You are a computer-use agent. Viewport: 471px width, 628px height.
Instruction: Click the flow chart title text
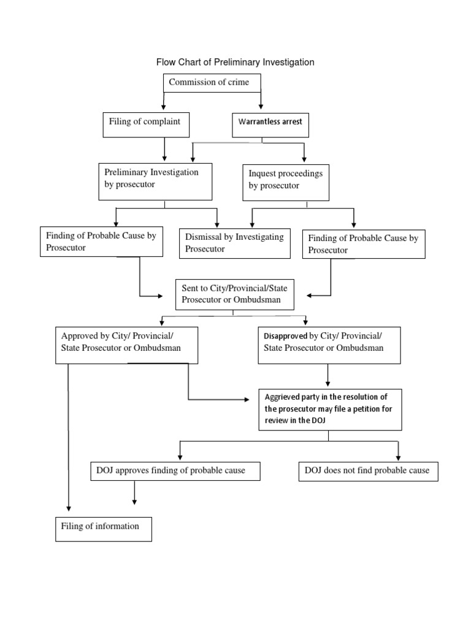pos(235,62)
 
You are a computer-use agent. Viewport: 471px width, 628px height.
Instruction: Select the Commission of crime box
pos(212,83)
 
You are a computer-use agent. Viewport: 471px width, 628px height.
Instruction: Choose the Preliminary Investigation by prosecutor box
pos(155,181)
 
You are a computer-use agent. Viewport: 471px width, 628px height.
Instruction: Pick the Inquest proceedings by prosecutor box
pos(285,182)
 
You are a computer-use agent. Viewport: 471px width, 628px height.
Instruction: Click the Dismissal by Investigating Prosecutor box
pos(234,243)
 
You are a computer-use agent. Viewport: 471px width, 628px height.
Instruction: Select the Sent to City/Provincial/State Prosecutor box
pos(235,293)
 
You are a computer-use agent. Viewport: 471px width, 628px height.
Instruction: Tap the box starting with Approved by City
pos(126,345)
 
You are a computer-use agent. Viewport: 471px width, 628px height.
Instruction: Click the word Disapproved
pos(285,336)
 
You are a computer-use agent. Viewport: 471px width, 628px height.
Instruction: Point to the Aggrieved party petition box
pos(330,409)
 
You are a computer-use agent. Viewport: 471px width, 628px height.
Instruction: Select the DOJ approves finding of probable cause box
pos(175,471)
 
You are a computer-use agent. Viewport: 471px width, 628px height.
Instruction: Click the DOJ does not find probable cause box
pos(368,471)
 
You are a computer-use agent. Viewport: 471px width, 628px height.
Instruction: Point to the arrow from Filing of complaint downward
pos(164,150)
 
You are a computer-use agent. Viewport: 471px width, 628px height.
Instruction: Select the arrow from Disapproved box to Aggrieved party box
pos(328,375)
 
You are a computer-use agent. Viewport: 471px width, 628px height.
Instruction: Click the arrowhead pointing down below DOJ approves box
pos(134,501)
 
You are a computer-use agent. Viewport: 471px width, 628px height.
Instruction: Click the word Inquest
pos(264,174)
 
